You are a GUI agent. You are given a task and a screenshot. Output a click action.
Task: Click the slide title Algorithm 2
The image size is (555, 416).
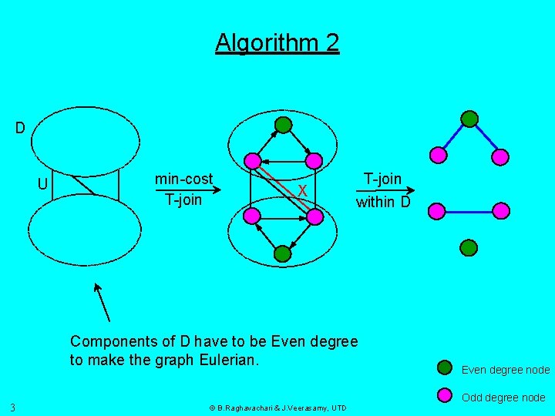[277, 42]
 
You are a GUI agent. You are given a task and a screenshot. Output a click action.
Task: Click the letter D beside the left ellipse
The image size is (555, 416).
[20, 127]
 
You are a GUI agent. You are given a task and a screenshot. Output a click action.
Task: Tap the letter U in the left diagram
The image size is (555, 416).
[44, 184]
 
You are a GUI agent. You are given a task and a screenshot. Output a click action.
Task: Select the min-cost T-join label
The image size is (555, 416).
[183, 190]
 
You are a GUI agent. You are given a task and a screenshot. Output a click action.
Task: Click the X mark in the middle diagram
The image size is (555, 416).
[303, 190]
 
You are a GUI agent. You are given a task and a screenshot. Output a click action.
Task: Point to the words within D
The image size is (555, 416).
[383, 203]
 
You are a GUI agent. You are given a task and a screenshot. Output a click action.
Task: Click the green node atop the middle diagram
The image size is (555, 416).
[284, 124]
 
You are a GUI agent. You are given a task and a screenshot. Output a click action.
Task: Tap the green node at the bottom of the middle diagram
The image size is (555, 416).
[283, 252]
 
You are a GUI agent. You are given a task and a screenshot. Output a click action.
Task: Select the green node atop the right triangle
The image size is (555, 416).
[469, 119]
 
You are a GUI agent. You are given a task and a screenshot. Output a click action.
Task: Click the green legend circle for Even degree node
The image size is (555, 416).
[445, 367]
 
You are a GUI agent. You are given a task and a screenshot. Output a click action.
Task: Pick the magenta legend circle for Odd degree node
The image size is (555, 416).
[445, 396]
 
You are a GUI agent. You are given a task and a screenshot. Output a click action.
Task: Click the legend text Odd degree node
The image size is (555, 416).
[503, 398]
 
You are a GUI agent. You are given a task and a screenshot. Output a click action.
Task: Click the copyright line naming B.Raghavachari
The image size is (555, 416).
[277, 408]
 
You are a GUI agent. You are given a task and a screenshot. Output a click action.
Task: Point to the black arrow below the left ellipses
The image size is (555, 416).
[102, 301]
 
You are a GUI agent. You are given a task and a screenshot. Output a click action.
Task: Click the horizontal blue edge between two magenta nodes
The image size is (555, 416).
[469, 210]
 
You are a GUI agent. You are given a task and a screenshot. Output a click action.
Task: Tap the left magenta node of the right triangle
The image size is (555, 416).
[438, 155]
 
